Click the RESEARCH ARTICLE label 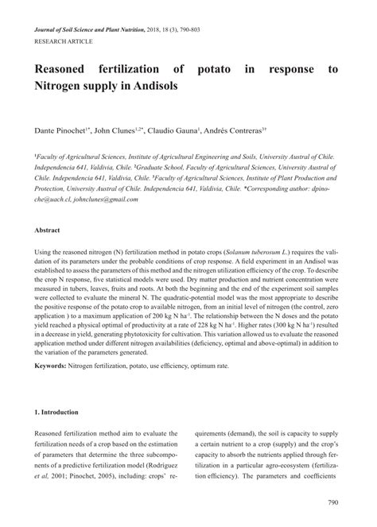(63, 40)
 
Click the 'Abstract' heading (47, 229)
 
